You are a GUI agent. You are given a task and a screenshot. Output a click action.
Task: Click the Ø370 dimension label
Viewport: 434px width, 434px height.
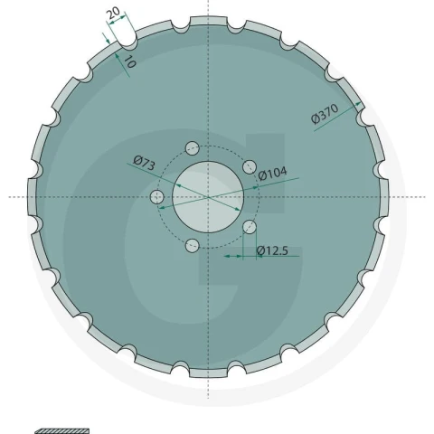click(325, 114)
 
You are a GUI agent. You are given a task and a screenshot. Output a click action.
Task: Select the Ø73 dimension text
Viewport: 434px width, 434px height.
click(144, 163)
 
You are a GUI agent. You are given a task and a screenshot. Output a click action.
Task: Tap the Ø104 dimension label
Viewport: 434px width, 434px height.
click(272, 174)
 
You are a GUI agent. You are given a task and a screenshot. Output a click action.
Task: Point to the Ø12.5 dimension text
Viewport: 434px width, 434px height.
click(272, 250)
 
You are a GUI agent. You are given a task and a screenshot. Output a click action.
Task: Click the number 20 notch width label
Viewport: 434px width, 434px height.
click(114, 13)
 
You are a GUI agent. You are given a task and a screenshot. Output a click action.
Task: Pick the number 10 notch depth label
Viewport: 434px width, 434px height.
click(130, 61)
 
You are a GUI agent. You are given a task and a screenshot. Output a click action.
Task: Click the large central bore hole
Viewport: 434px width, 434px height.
click(208, 197)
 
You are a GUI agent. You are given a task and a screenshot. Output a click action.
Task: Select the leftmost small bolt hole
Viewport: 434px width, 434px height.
click(156, 197)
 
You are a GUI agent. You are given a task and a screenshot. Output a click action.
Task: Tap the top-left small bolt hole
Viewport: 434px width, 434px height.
click(192, 148)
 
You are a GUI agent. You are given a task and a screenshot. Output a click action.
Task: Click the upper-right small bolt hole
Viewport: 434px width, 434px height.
click(250, 167)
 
